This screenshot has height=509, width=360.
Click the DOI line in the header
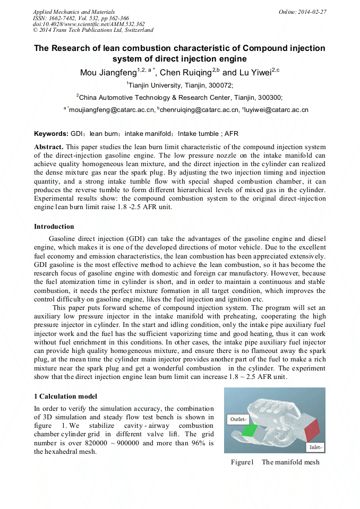[x=89, y=24]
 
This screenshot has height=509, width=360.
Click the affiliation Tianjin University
[x=154, y=85]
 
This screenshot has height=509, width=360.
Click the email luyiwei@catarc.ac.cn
[x=277, y=110]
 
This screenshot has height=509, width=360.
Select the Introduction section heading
[x=54, y=227]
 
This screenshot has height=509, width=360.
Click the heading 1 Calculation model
[x=65, y=396]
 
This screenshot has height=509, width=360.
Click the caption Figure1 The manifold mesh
[x=275, y=462]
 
